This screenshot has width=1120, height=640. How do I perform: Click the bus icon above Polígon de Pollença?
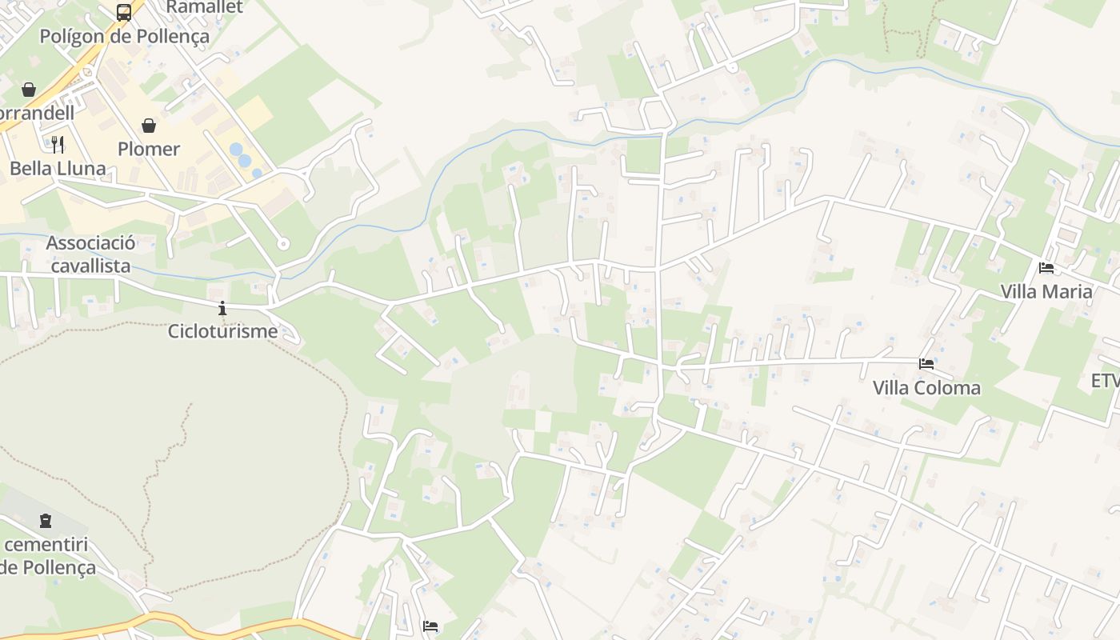tap(124, 13)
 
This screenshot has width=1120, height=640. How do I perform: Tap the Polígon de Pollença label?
tap(125, 36)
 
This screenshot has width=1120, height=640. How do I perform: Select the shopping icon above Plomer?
tap(149, 126)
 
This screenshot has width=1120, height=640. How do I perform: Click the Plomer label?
tap(149, 149)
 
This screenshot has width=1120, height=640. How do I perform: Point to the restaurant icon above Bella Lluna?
tap(58, 144)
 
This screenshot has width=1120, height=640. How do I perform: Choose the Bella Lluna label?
tap(58, 168)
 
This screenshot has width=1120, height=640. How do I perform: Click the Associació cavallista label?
tap(90, 254)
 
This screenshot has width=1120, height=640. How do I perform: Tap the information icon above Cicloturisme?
tap(222, 308)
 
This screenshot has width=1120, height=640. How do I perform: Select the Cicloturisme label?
tap(222, 330)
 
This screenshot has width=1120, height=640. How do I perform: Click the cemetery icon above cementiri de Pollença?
tap(46, 521)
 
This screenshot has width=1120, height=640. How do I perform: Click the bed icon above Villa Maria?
tap(1046, 268)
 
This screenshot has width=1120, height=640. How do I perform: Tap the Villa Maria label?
tap(1046, 291)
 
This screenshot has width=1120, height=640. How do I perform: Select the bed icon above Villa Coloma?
tap(926, 364)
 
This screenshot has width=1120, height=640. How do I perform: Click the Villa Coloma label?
tap(926, 388)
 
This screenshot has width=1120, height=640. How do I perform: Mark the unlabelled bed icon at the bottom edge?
tap(430, 626)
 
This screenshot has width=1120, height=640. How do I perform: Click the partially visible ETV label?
tap(1105, 381)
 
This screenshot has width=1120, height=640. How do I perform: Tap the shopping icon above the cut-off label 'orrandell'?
tap(29, 89)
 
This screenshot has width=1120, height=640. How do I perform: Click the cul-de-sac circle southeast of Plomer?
tap(282, 244)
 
